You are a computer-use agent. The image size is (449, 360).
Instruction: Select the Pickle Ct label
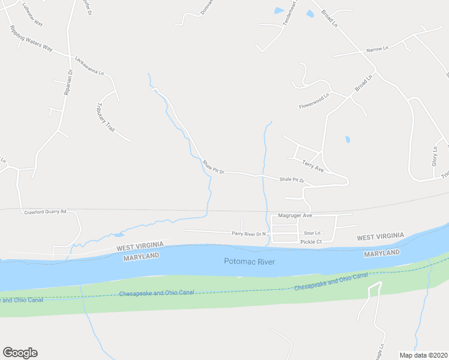pos(311,242)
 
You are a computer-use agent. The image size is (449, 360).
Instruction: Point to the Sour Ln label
pos(312,233)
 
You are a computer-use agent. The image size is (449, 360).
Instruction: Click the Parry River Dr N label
pos(249,233)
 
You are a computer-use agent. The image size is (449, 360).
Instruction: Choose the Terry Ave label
pos(313,166)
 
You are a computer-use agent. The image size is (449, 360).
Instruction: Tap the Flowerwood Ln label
pos(315,101)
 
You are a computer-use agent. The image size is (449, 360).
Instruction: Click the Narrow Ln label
pos(378,49)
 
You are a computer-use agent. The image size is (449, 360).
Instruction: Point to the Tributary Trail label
pos(105,117)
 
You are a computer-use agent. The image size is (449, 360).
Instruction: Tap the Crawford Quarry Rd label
pos(44,212)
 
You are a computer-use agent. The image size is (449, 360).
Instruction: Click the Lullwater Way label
pos(32,14)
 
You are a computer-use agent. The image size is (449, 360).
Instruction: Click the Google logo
pos(20,353)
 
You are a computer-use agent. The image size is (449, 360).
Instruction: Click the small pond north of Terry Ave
pos(348,140)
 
